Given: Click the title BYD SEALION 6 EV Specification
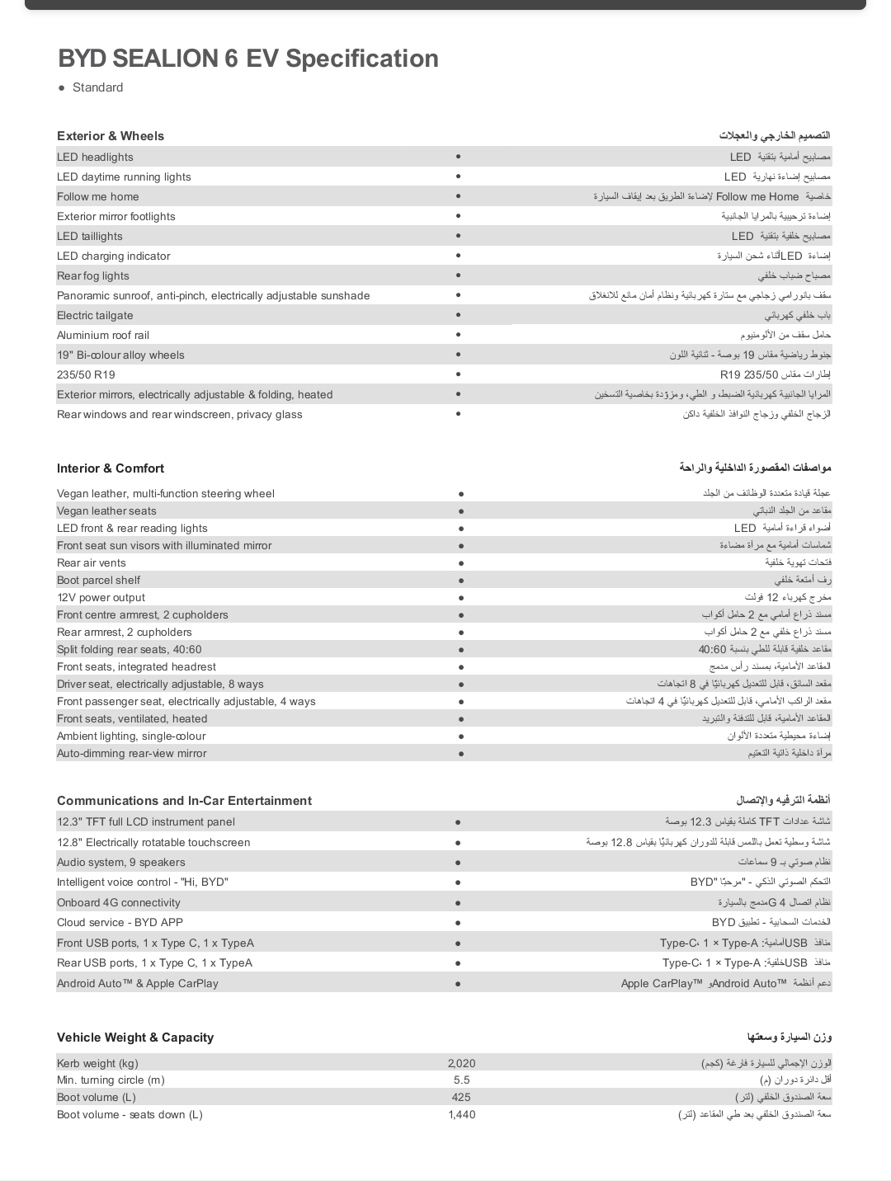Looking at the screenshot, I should [247, 59].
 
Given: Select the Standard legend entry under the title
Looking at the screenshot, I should [97, 87].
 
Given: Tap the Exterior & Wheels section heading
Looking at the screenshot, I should [111, 136].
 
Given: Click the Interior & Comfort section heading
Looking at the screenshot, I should [111, 468].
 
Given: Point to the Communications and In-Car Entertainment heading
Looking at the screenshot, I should [184, 801].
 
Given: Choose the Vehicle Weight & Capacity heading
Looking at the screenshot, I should [135, 1037].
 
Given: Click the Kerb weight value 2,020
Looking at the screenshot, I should [461, 1063].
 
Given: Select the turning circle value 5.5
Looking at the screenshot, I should [461, 1080].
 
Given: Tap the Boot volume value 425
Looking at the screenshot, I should [461, 1098].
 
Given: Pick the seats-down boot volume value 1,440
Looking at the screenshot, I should [461, 1115].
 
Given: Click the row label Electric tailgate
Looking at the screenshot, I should [95, 316].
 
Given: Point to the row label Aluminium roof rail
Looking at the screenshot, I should [103, 336].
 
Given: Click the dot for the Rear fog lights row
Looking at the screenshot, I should [458, 275].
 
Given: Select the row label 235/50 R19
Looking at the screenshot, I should [86, 375].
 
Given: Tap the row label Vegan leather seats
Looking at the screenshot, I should [106, 511].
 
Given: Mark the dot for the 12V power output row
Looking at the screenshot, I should [460, 598].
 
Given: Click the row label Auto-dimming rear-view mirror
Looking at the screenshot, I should [132, 754].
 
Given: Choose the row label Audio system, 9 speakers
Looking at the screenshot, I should [121, 863].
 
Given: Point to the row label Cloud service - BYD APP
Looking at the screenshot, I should [120, 923].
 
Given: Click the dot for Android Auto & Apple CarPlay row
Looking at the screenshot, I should [458, 983].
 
